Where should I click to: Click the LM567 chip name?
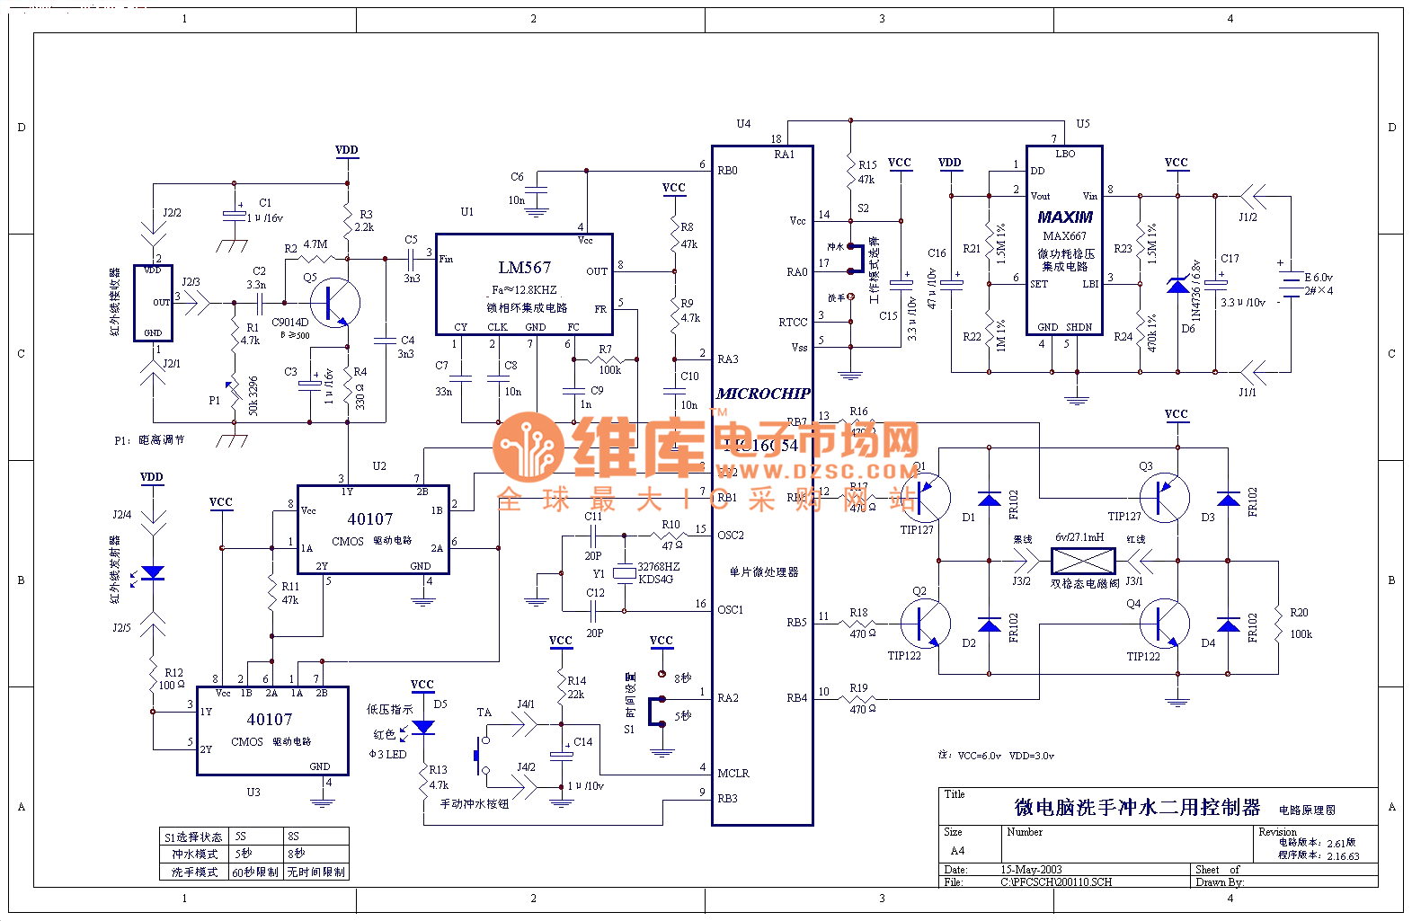(524, 268)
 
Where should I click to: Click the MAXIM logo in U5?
(1065, 217)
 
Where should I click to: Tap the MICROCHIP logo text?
(763, 394)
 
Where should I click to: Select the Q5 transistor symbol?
(334, 303)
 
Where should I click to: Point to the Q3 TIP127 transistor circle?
(1164, 497)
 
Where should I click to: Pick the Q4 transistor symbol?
(1164, 623)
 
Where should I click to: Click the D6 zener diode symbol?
(1177, 286)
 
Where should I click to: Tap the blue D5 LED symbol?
(422, 727)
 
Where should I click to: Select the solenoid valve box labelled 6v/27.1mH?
(1083, 562)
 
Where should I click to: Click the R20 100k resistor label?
(1300, 623)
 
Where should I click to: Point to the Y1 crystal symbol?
(624, 572)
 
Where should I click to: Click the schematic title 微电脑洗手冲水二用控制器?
(1138, 808)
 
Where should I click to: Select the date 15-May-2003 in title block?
(1031, 870)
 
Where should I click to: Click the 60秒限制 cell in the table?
(255, 872)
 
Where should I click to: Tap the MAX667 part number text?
(1064, 236)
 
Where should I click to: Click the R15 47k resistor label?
(866, 172)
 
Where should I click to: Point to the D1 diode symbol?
(990, 500)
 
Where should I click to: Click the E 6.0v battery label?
(1318, 278)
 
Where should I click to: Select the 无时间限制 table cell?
(315, 872)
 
